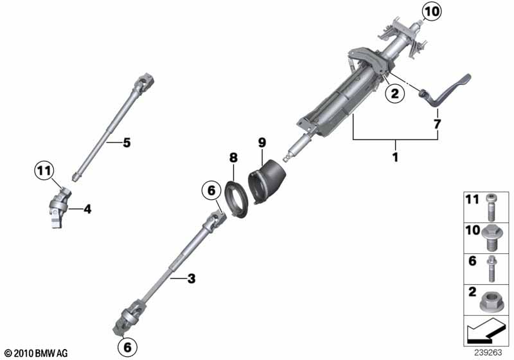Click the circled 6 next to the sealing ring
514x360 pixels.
pyautogui.click(x=209, y=190)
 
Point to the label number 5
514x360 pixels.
pyautogui.click(x=127, y=142)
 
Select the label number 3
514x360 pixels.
pyautogui.click(x=191, y=278)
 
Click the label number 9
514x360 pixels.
pyautogui.click(x=261, y=140)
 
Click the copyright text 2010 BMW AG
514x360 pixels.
pyautogui.click(x=36, y=353)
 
